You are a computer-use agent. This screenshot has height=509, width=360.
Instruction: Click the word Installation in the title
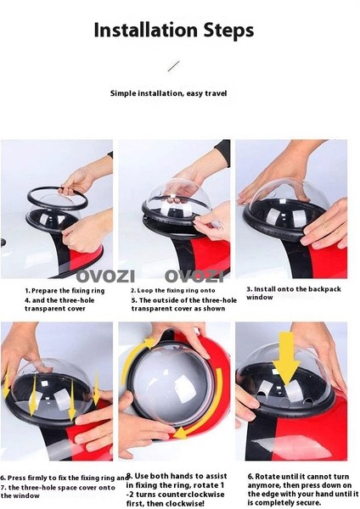pos(145,30)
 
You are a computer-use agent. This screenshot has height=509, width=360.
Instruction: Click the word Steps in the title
pos(228,31)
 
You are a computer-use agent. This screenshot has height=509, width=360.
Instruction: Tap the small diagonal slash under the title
pos(173,66)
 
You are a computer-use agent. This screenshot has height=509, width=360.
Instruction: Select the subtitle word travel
pos(216,93)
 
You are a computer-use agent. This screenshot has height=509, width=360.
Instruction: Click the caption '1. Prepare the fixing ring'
pos(65,290)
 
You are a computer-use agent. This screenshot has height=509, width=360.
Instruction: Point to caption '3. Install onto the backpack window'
pos(294,294)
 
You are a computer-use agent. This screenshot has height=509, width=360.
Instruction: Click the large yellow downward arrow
pos(286,358)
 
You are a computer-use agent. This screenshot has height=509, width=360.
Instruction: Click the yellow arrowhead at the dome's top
pos(149,343)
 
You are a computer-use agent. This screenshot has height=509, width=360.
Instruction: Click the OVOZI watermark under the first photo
pos(105,277)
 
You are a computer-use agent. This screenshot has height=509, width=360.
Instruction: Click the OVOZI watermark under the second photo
pos(194,277)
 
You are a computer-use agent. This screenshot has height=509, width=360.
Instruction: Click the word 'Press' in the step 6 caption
pos(17,478)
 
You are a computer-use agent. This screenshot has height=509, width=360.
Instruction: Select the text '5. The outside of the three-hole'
pos(184,300)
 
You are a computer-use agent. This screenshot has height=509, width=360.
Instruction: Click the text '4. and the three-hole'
pos(59,300)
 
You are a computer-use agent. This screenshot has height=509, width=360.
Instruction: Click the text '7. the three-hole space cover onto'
pos(58,487)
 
